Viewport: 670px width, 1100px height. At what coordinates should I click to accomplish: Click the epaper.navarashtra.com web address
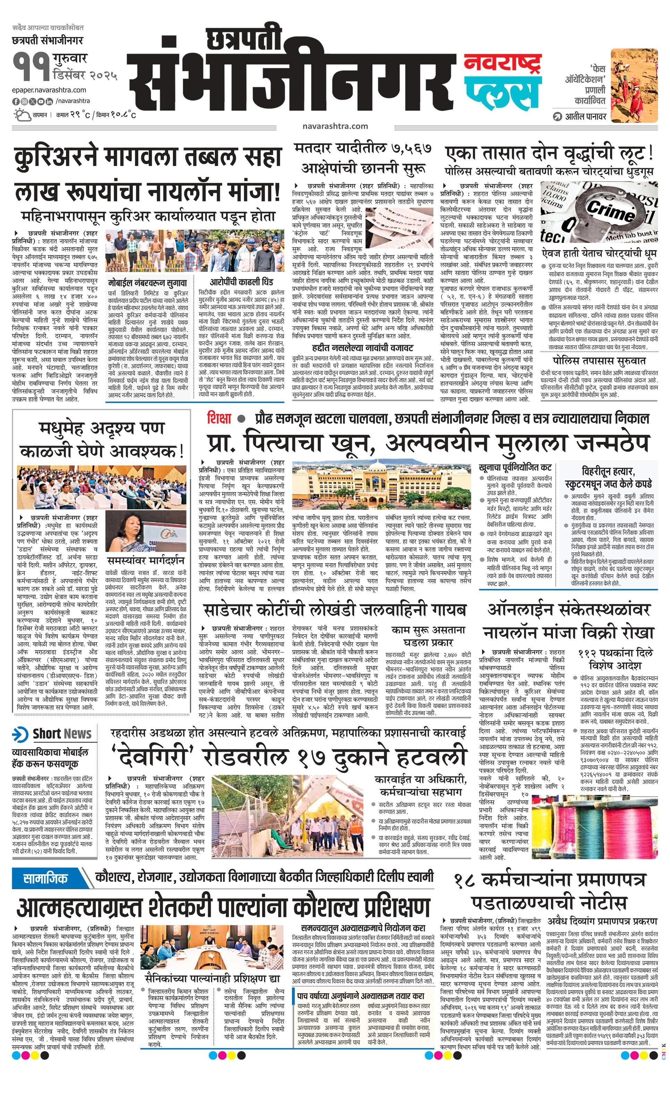click(49, 90)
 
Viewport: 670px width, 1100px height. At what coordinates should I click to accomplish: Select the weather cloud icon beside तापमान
click(22, 115)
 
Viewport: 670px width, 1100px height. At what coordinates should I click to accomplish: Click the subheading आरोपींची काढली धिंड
click(241, 282)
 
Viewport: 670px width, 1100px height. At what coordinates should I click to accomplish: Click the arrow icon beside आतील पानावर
click(557, 117)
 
